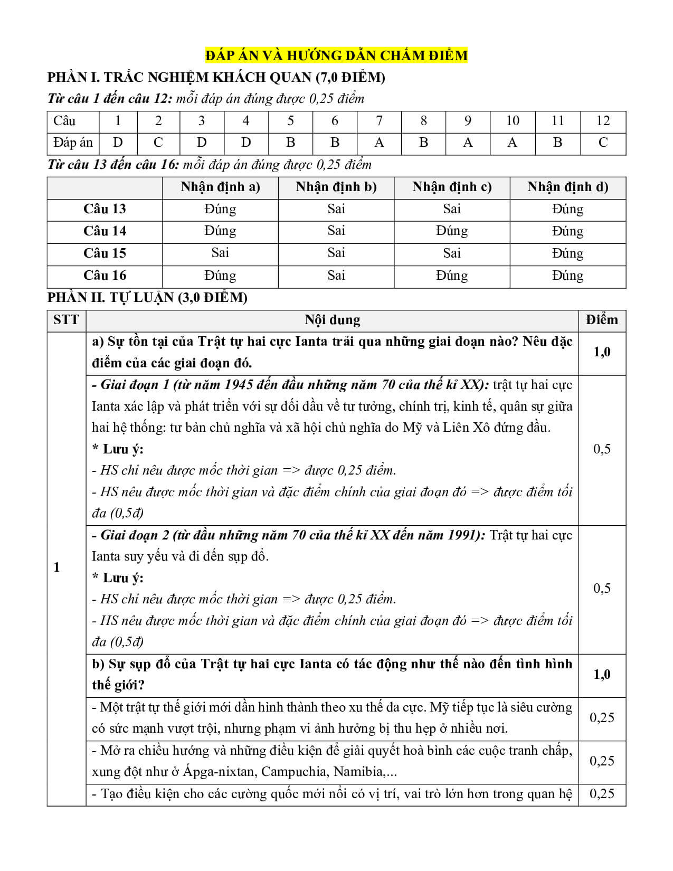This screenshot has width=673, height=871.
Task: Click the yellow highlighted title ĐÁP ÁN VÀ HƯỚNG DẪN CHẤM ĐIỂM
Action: coord(336,55)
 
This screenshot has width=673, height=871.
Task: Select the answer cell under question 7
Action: coord(379,143)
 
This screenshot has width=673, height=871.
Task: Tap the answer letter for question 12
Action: coord(603,143)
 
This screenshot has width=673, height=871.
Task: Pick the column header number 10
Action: coord(512,121)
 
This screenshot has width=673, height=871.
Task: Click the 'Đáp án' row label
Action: coord(73,143)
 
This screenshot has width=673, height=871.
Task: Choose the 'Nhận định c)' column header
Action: coord(452,187)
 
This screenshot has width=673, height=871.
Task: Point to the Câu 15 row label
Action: coord(105,253)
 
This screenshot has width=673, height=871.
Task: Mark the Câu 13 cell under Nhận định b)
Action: coord(336,209)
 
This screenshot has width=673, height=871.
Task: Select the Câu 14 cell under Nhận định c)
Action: coord(452,231)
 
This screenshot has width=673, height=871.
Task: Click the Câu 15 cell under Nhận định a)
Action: coord(220,253)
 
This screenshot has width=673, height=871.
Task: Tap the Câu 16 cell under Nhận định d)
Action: coord(567,276)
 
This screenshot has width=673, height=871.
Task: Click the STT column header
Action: coord(66,320)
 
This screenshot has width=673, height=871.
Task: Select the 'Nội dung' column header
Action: coord(332,320)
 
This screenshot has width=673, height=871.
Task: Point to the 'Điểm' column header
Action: coord(602,320)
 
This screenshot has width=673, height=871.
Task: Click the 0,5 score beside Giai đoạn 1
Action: coord(602,449)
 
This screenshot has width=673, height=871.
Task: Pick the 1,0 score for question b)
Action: coord(602,675)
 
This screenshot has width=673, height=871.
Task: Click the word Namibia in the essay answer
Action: coord(358,772)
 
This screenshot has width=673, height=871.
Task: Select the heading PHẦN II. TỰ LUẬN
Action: coord(147,298)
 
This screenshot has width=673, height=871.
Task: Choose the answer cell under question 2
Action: coord(158,143)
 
